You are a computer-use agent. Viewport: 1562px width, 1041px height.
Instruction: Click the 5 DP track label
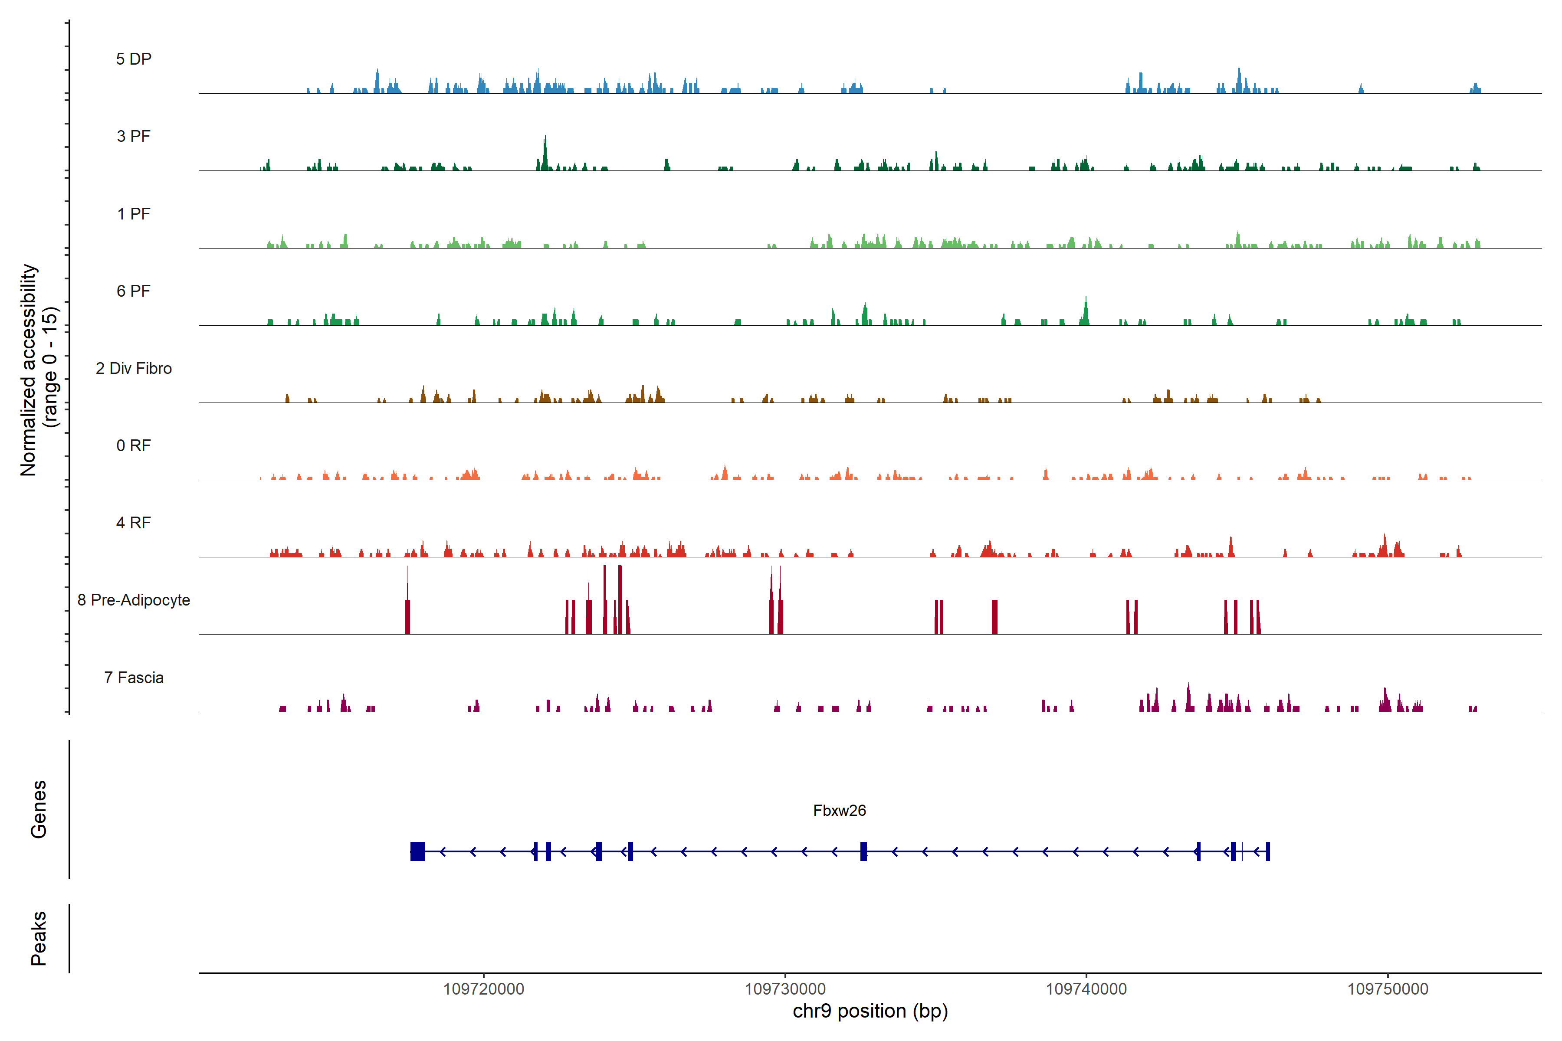click(x=134, y=59)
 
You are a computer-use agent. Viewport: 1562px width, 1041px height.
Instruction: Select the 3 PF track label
click(x=134, y=136)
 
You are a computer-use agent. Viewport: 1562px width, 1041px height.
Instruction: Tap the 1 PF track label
click(x=134, y=214)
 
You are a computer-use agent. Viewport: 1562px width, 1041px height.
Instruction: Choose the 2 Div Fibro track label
click(x=134, y=368)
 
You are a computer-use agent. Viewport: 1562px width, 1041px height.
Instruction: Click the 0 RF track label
click(x=134, y=445)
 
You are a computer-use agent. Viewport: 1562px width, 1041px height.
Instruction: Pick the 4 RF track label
click(x=134, y=523)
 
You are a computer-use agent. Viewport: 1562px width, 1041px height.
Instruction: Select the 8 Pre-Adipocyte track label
click(x=134, y=600)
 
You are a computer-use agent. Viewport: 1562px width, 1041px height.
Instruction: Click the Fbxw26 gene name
click(x=840, y=811)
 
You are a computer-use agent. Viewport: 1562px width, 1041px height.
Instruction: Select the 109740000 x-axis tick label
click(x=1086, y=989)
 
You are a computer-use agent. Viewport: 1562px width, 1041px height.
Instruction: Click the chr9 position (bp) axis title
click(x=870, y=1011)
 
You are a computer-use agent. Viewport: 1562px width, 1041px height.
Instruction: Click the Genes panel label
click(x=39, y=809)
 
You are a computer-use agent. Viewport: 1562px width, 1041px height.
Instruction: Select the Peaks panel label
click(x=39, y=938)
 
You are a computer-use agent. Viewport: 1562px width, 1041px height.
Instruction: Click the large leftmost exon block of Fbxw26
click(x=418, y=851)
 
